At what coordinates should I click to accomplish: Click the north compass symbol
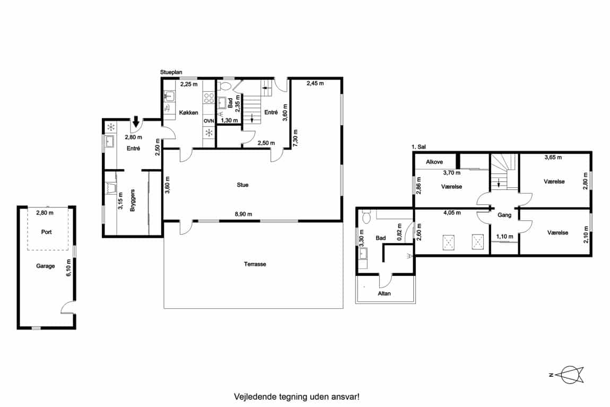[569, 375]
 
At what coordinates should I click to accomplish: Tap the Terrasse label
[255, 264]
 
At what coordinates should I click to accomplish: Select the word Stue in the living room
[242, 185]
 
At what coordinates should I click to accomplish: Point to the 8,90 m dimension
[243, 214]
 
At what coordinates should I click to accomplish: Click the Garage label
[46, 266]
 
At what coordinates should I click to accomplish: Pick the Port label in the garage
[46, 232]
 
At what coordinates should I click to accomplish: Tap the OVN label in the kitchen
[209, 121]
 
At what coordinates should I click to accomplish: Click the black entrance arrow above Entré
[136, 122]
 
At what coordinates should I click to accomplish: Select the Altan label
[384, 293]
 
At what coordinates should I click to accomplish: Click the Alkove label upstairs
[434, 162]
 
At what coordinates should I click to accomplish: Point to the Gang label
[504, 215]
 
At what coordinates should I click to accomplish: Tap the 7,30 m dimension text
[295, 138]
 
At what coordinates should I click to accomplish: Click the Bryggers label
[132, 201]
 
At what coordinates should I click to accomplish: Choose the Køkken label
[189, 112]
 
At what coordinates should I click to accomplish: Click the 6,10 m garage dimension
[69, 267]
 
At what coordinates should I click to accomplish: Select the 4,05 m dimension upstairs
[452, 213]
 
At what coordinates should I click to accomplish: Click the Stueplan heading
[171, 72]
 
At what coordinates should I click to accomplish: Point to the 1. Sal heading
[419, 147]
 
